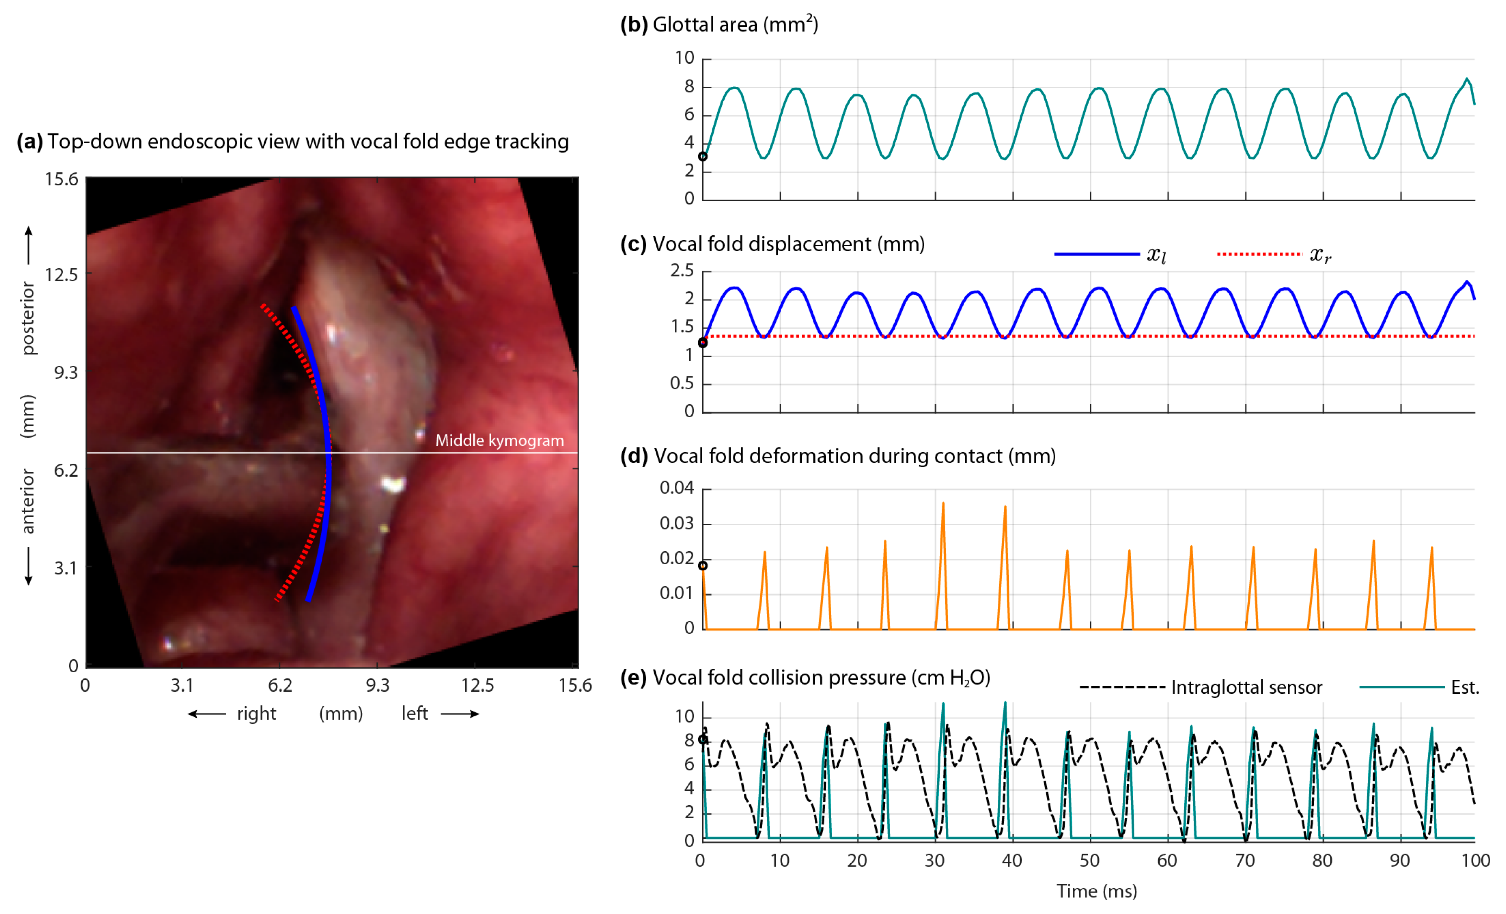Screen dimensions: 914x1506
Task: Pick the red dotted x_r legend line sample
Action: click(1259, 254)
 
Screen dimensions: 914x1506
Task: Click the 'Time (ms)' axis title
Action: click(1096, 891)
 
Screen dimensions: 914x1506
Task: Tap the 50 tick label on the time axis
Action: click(1089, 860)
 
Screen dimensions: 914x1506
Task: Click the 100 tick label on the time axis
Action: click(1475, 860)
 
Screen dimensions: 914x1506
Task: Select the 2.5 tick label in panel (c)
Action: click(682, 270)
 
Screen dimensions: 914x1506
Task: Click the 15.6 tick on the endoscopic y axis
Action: click(62, 179)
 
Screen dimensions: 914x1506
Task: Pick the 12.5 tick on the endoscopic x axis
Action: click(477, 685)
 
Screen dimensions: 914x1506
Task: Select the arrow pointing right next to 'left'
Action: click(460, 713)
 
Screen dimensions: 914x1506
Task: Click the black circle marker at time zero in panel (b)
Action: click(703, 157)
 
